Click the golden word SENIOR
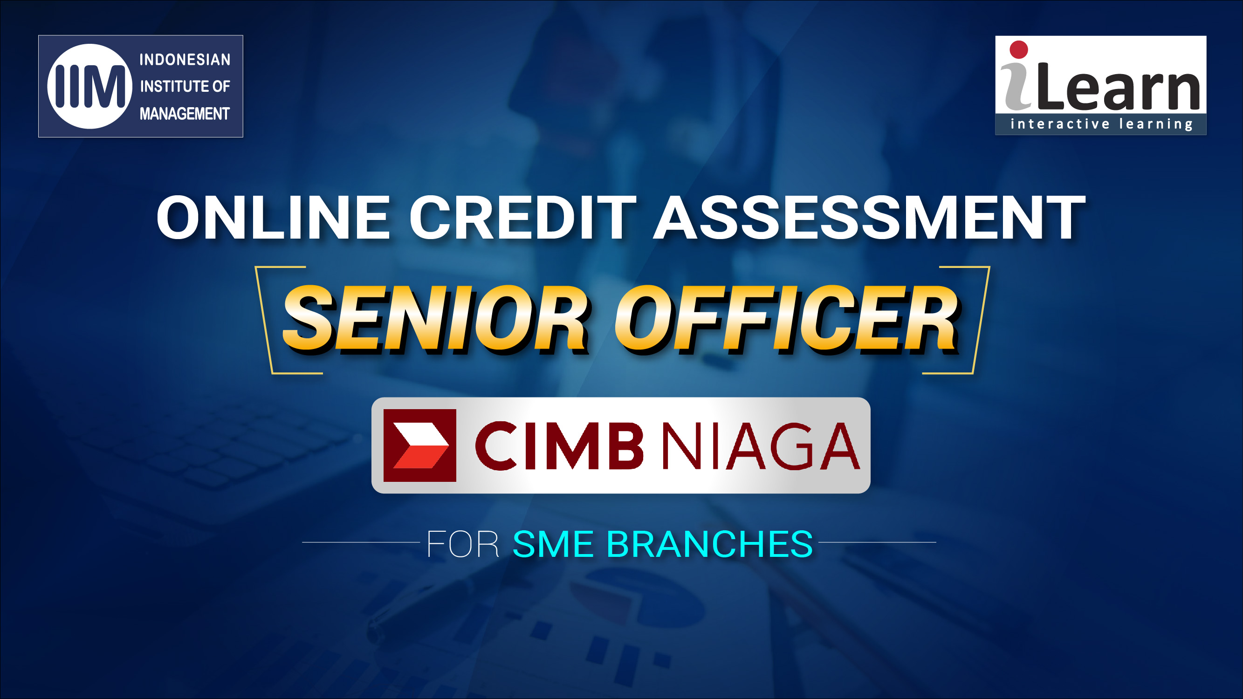pos(436,319)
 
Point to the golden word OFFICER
pos(787,319)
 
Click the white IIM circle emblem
pos(90,86)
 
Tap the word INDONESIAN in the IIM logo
pos(185,59)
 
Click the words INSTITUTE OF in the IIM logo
pos(185,86)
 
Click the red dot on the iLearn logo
pos(1019,50)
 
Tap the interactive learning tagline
pos(1102,124)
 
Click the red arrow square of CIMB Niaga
pos(420,445)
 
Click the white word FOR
pos(462,544)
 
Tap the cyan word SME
pos(553,544)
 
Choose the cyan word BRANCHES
pos(710,544)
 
